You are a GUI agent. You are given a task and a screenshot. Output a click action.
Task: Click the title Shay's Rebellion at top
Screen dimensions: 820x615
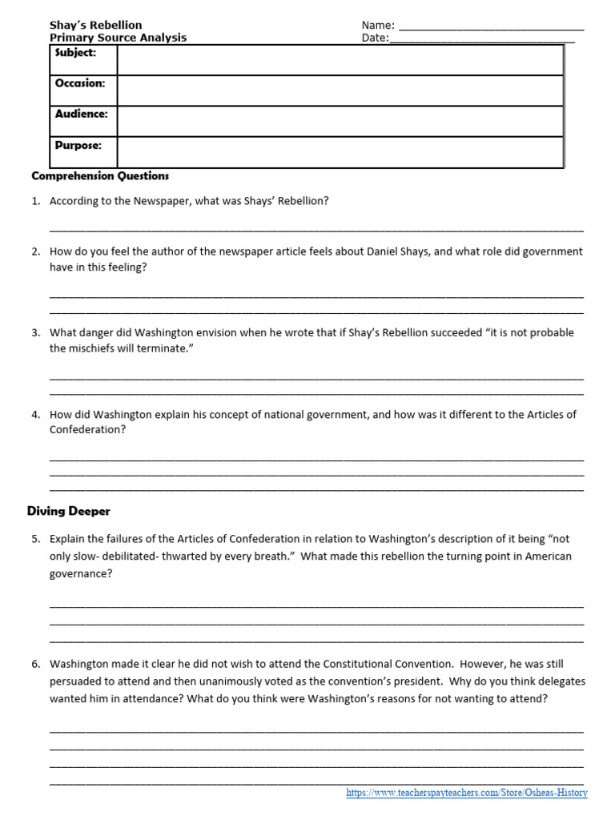(x=95, y=25)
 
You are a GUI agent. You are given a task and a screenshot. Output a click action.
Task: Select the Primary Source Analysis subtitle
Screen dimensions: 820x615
(x=118, y=37)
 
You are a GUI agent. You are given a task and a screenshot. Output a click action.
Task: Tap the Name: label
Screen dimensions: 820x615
(x=378, y=26)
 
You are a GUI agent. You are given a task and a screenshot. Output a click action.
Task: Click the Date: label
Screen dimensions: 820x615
(x=375, y=38)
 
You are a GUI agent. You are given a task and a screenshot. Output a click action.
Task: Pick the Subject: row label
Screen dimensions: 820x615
(x=75, y=53)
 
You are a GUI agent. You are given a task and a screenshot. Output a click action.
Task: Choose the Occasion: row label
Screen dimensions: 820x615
(x=80, y=83)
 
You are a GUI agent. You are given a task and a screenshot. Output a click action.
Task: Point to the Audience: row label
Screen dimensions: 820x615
(x=81, y=114)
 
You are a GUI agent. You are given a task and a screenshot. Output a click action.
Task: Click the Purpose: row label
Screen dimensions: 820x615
(x=78, y=145)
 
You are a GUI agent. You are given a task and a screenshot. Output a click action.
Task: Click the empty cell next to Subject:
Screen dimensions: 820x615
(x=340, y=60)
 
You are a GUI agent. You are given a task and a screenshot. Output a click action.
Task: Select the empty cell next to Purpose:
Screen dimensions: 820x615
(x=340, y=152)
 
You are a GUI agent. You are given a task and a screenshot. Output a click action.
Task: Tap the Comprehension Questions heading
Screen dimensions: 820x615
(x=100, y=175)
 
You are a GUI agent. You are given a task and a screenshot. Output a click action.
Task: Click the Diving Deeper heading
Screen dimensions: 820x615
(x=69, y=511)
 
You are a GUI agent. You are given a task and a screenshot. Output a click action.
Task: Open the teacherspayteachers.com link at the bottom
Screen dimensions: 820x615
(x=466, y=793)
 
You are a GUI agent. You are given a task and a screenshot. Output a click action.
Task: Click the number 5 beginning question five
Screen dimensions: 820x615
(x=35, y=539)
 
